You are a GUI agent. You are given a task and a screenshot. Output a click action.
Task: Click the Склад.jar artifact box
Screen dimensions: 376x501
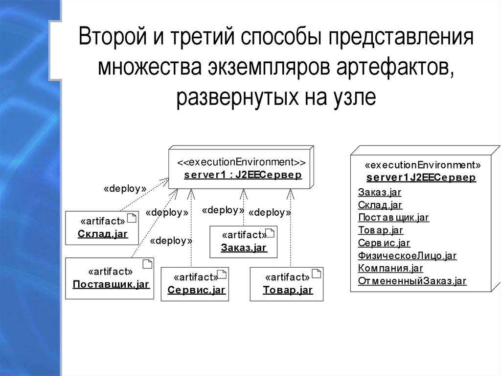101,228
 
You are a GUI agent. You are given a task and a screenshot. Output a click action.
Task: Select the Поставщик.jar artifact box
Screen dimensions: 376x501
110,278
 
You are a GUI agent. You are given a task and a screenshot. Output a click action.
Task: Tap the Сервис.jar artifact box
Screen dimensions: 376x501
195,284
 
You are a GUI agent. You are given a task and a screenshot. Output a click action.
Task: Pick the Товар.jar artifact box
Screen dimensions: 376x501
286,284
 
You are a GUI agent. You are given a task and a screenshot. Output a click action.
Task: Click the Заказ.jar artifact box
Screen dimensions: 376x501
243,242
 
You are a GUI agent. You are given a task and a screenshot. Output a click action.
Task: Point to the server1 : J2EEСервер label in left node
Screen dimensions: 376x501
243,175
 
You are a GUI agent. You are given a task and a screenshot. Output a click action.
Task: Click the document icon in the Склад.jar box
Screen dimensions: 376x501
131,219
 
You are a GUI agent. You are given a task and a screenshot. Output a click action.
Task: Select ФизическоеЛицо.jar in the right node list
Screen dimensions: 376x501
407,255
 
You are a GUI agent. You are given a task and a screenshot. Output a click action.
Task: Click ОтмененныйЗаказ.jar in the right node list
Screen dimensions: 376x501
412,281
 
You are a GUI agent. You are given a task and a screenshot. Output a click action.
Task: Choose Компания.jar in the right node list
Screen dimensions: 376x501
390,268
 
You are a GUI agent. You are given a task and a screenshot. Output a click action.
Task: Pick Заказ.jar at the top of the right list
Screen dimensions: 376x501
378,192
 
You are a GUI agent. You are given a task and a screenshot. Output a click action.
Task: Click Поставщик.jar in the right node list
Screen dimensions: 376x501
393,217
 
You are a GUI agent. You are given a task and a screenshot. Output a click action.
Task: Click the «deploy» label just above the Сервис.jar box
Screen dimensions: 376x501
171,241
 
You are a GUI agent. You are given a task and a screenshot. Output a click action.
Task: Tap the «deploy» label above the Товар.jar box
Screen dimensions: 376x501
270,213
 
